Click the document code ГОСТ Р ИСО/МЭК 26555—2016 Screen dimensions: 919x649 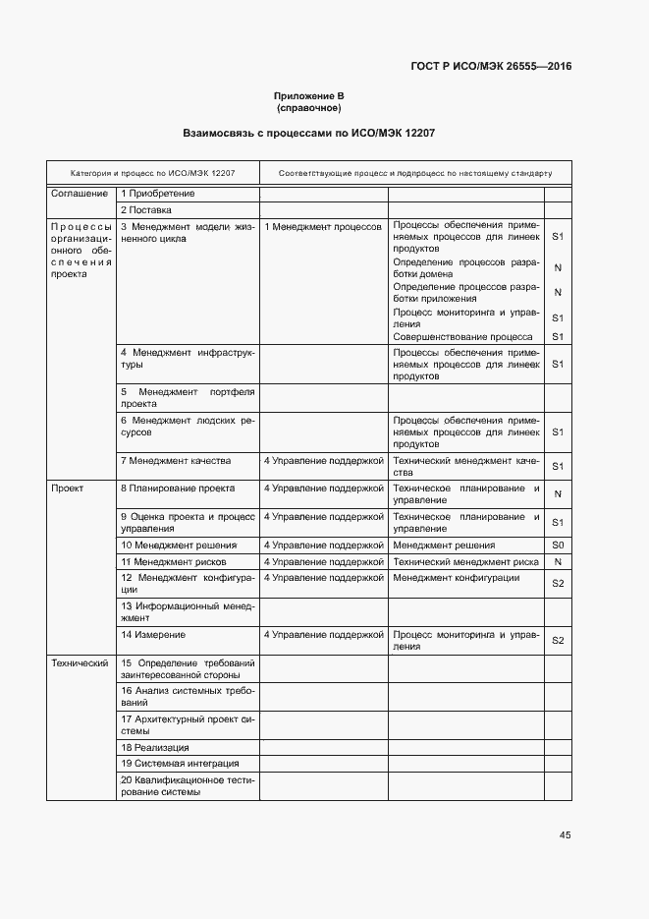(x=491, y=67)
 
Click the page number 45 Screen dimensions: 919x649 (x=565, y=834)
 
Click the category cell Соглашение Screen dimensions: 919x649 (x=79, y=194)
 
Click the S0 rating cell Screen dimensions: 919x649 (x=557, y=545)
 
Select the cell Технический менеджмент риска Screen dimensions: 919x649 (x=465, y=561)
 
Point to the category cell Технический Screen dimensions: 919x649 (x=79, y=662)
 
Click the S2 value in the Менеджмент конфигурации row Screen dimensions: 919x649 (x=557, y=584)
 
